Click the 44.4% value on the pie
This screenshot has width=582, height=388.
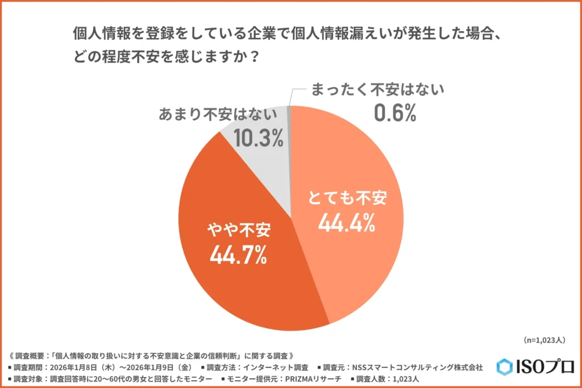coord(346,223)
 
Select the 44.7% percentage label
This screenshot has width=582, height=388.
coord(238,256)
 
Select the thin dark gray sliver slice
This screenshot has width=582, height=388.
coord(289,114)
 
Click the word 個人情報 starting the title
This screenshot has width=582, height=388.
coord(103,34)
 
